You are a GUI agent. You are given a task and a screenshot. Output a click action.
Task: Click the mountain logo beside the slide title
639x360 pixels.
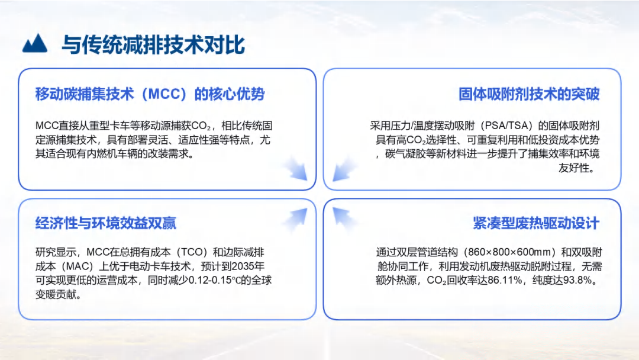point(35,43)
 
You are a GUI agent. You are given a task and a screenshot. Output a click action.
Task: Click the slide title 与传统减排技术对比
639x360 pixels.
point(153,44)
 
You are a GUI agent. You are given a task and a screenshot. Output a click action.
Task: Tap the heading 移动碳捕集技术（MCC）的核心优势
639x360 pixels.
point(150,94)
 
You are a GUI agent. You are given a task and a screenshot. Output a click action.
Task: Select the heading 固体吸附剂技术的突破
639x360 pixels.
point(529,94)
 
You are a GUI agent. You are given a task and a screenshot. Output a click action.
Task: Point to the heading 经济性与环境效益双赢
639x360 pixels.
point(105,223)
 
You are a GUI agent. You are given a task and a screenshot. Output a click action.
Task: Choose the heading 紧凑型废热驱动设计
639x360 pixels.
point(536,223)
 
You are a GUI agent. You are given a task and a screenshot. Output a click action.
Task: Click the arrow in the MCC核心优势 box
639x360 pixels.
point(296,169)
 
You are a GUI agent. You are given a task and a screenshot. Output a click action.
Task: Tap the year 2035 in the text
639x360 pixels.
point(243,266)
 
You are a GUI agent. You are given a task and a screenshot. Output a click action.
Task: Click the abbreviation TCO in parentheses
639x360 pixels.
point(194,252)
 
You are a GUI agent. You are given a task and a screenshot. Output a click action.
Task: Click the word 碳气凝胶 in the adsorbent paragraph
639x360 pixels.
point(405,154)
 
